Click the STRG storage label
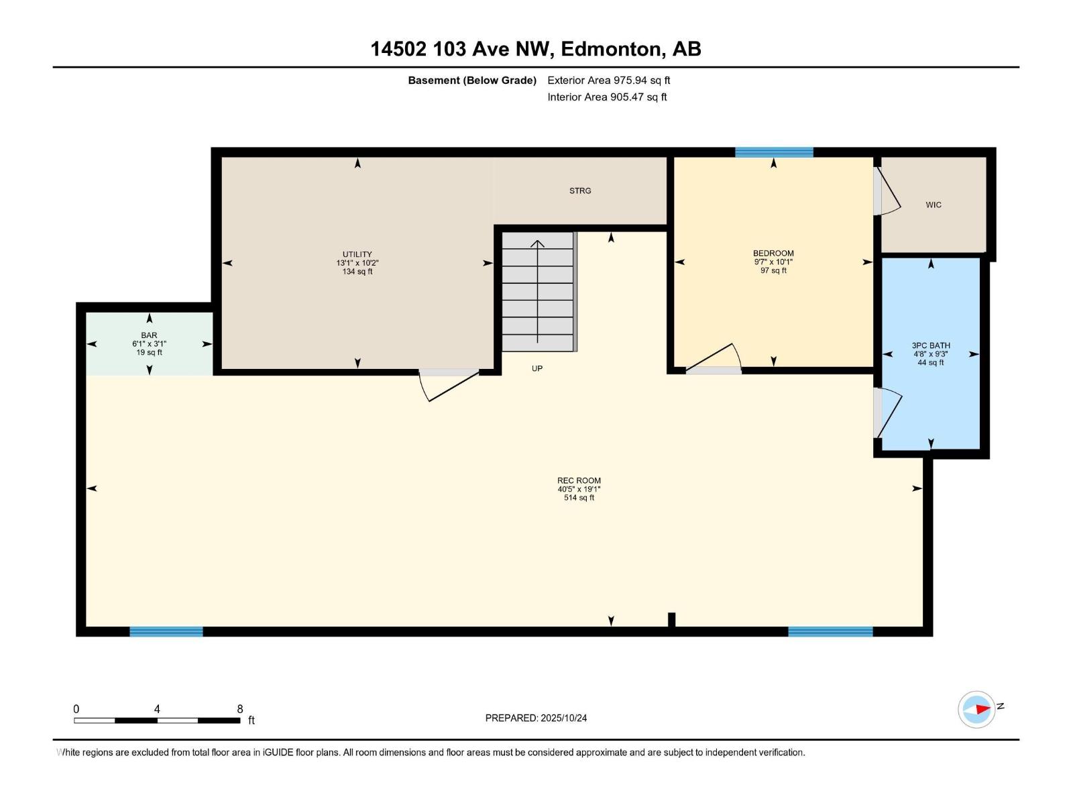click(x=580, y=191)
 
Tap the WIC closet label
click(x=933, y=205)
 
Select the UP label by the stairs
click(x=537, y=369)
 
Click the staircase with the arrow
click(x=539, y=291)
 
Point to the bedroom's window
click(x=774, y=152)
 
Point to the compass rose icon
click(x=976, y=709)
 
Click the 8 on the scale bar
click(x=240, y=709)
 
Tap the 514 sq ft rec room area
click(x=579, y=498)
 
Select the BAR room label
click(x=149, y=335)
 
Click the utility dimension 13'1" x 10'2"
click(x=357, y=263)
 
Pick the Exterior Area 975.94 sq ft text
click(x=608, y=80)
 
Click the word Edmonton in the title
click(x=609, y=49)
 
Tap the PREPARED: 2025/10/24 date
click(x=536, y=718)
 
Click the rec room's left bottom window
click(x=166, y=631)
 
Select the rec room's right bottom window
click(x=830, y=631)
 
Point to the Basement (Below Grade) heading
click(x=472, y=80)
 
